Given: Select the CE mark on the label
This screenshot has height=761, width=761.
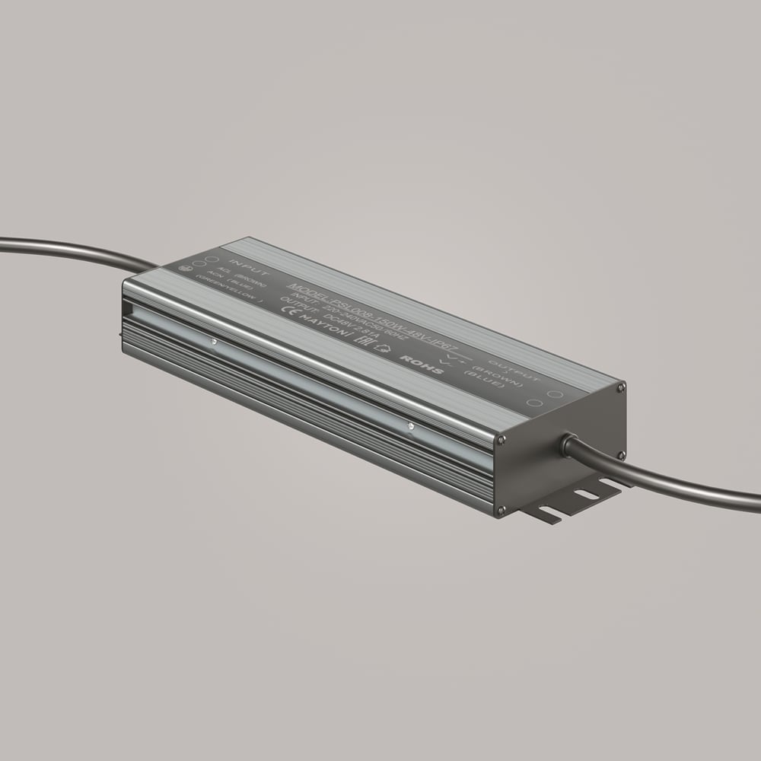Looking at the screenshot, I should (290, 310).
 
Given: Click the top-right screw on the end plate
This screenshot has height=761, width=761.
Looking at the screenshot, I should (622, 388).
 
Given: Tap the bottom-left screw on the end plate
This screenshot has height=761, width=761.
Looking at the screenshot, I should (501, 509).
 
